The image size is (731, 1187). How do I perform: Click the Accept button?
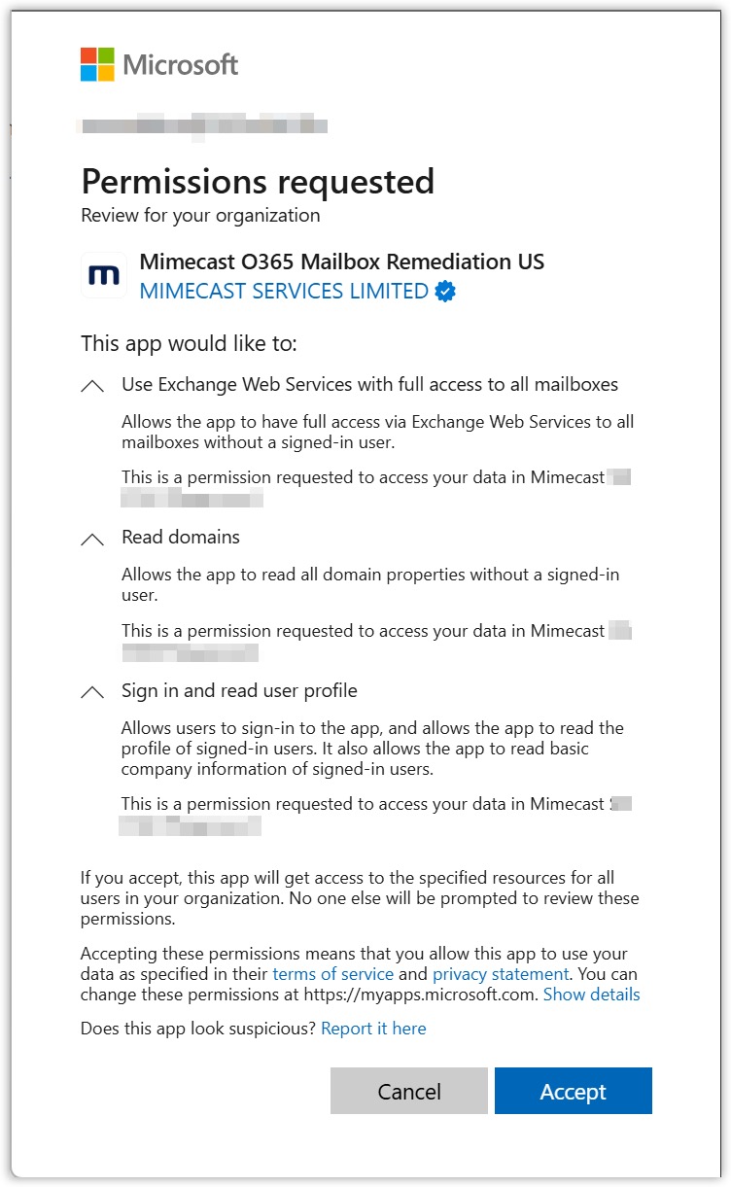tap(573, 1091)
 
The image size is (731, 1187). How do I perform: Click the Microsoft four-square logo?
tap(97, 64)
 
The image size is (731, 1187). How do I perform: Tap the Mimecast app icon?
tap(103, 276)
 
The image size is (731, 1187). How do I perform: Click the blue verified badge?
tap(445, 291)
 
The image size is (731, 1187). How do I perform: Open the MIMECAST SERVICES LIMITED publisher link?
tap(284, 291)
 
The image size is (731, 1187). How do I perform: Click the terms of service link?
tap(333, 974)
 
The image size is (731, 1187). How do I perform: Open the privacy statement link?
tap(501, 974)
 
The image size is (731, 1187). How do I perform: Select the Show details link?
tap(591, 995)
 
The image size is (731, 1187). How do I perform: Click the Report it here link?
tap(373, 1029)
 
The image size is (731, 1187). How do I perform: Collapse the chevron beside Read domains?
tap(92, 540)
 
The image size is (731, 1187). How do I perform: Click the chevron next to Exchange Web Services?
tap(92, 386)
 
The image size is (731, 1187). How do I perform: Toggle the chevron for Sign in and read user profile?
tap(92, 693)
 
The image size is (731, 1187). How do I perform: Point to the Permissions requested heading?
tap(258, 182)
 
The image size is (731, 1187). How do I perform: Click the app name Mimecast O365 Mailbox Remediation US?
tap(342, 262)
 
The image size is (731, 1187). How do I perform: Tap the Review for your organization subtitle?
tap(200, 215)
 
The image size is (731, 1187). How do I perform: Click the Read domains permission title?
tap(181, 538)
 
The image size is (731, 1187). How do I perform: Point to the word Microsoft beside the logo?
tap(181, 65)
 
